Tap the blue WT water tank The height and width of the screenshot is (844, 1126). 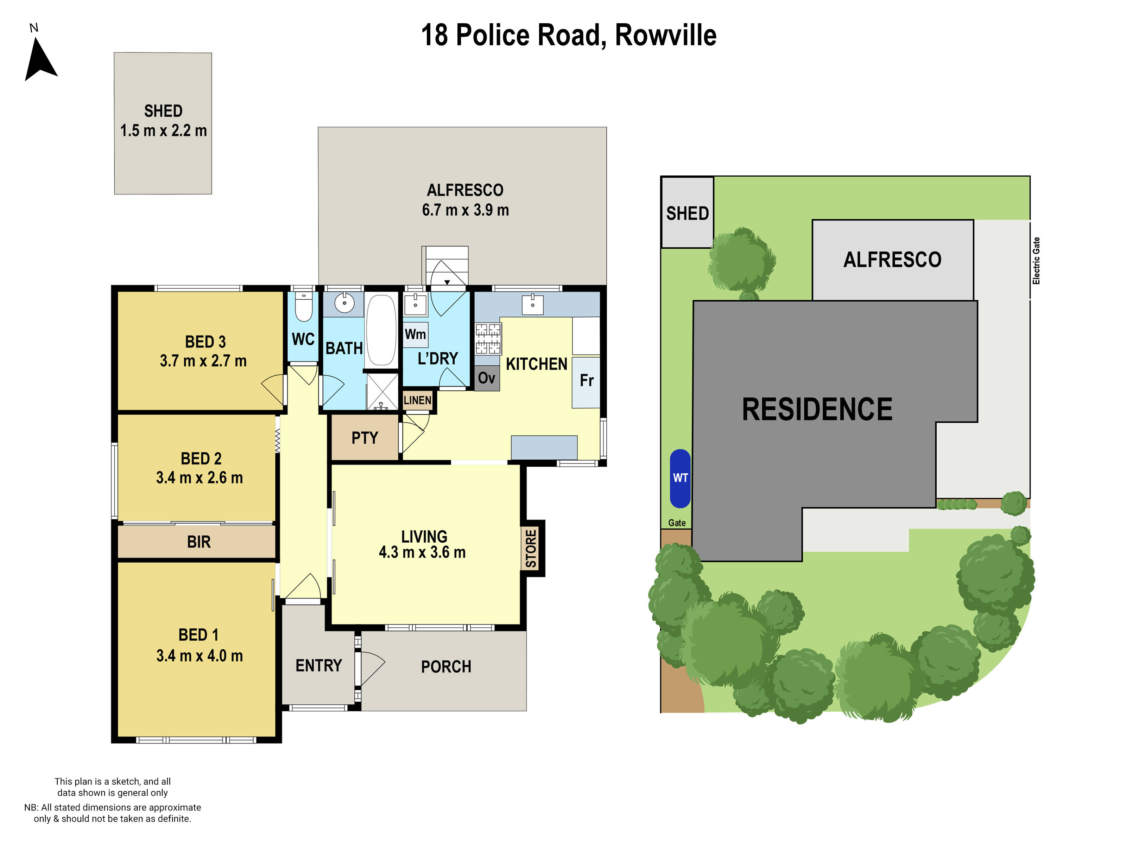(x=680, y=478)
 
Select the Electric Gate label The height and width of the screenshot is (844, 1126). (x=1036, y=261)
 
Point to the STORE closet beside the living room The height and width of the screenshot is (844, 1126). (x=531, y=548)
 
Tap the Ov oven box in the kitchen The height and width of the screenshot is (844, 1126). (x=487, y=378)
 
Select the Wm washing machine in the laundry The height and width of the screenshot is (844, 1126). (x=415, y=334)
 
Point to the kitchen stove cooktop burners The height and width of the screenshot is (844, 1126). (x=488, y=339)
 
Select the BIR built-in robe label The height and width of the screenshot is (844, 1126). (x=198, y=542)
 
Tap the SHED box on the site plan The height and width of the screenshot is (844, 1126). (x=687, y=213)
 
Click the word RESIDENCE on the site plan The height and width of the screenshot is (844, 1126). (x=817, y=410)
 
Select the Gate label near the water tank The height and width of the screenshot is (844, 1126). (x=677, y=523)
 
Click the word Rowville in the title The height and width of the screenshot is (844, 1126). (x=665, y=35)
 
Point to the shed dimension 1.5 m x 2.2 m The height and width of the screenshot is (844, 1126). (x=163, y=131)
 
